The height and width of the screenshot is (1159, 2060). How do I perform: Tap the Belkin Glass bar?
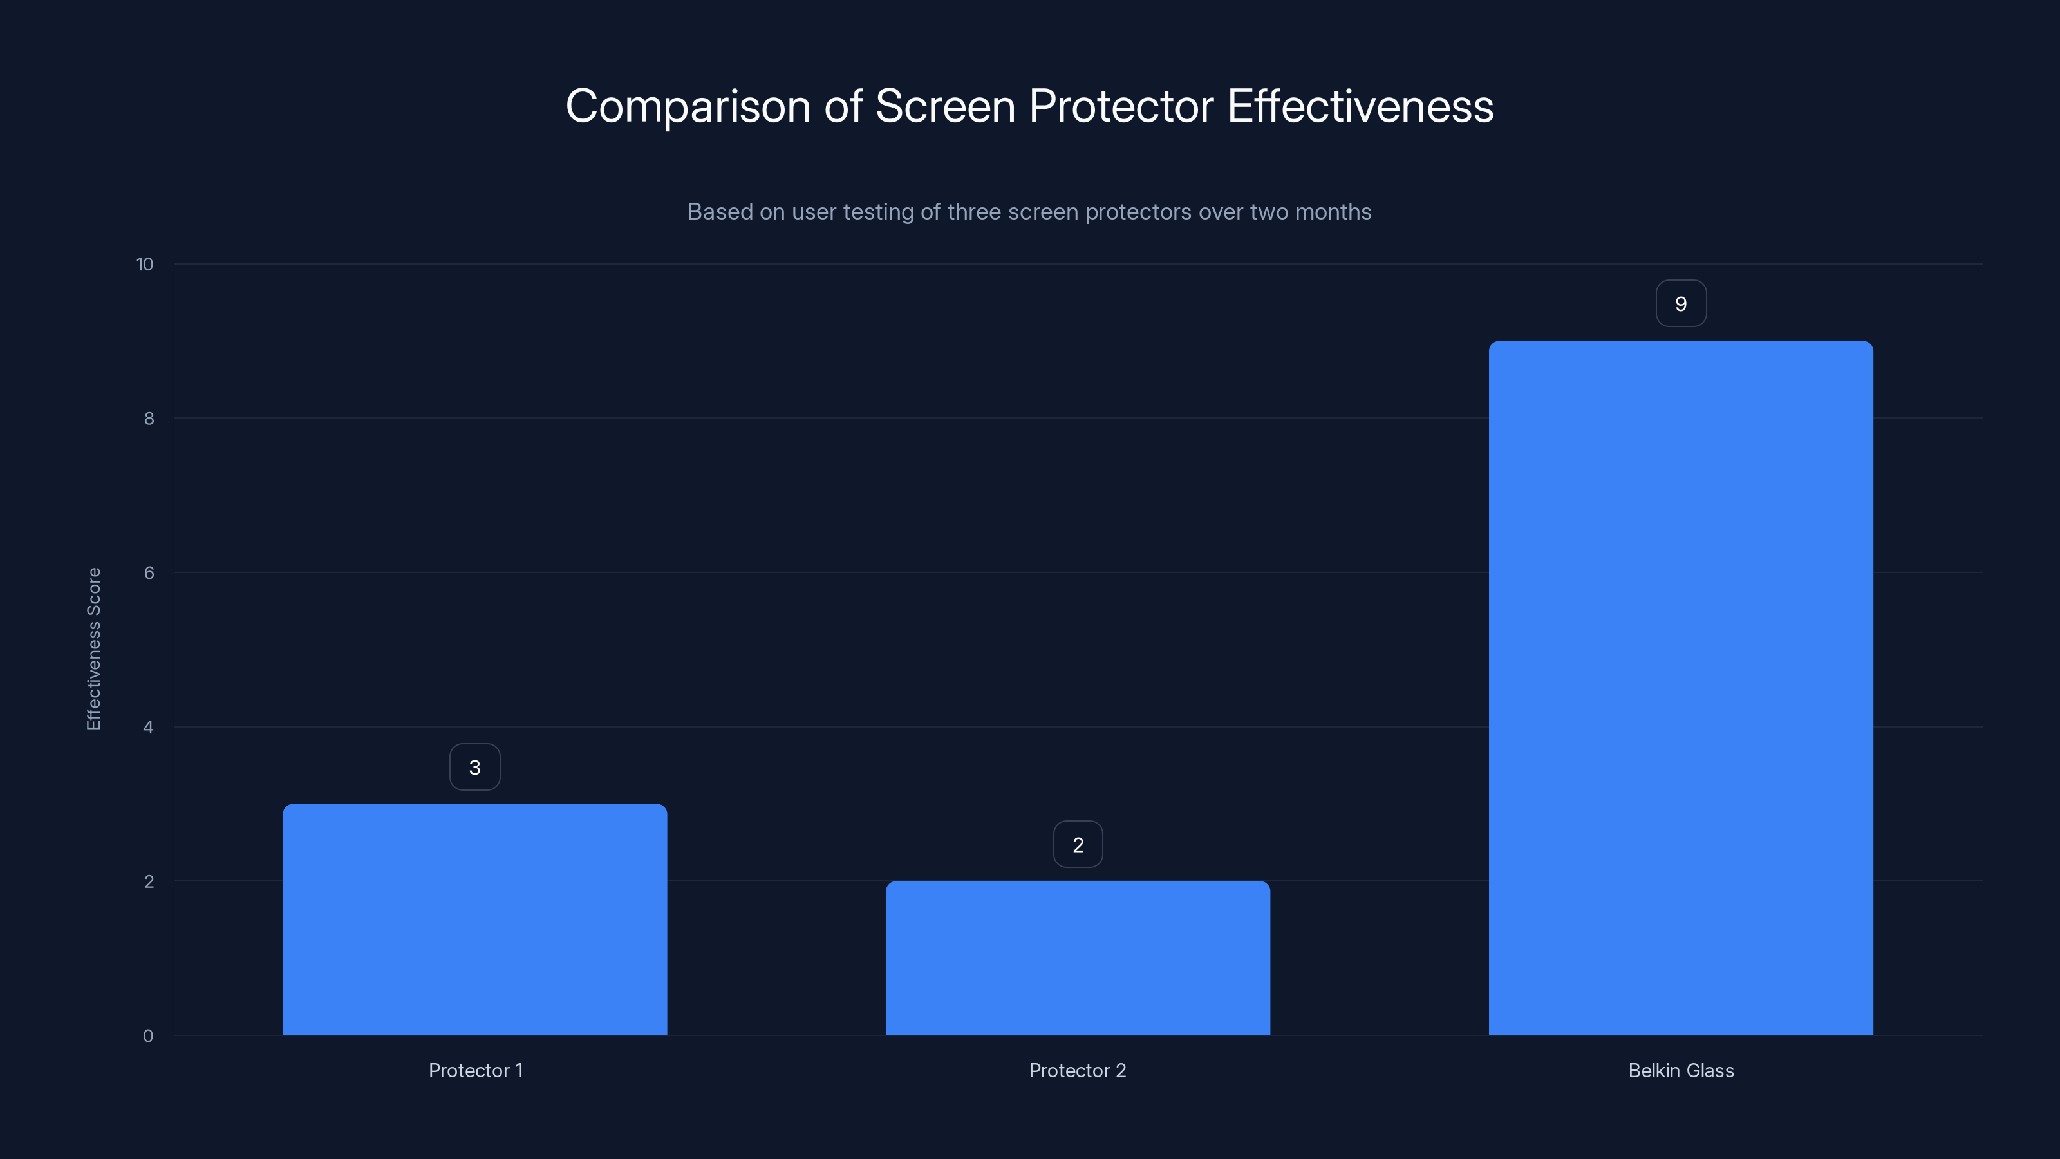(1680, 688)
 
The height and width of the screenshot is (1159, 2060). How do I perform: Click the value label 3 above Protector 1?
(475, 767)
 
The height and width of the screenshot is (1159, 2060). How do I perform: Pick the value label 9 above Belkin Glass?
(1680, 304)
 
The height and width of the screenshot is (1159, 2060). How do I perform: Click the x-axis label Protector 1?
(475, 1070)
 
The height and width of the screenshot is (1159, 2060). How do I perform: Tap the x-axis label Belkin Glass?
(1680, 1070)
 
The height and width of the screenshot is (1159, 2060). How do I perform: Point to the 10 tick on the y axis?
(145, 264)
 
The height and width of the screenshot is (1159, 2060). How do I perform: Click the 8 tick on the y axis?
(149, 419)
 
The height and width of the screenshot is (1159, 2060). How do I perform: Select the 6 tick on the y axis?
(149, 572)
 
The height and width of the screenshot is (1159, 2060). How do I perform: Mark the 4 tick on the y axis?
(148, 727)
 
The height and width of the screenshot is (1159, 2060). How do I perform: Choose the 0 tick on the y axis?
(148, 1036)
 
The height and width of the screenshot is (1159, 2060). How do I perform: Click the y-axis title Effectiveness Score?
(93, 648)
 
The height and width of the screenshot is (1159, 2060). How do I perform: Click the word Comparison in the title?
(688, 106)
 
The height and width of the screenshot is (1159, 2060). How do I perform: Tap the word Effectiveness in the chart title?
(1360, 106)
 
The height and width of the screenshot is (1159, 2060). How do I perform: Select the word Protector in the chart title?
(1121, 106)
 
